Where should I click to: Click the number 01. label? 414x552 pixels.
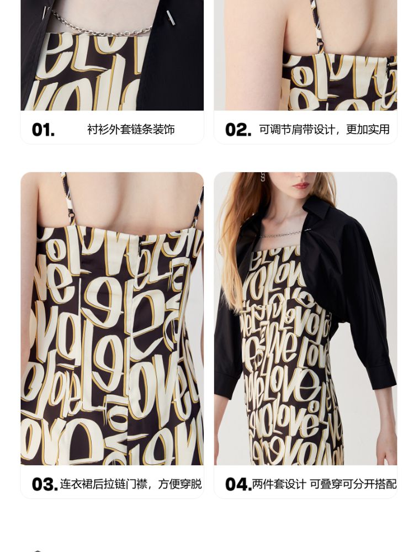(43, 130)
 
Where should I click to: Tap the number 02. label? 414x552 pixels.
(238, 130)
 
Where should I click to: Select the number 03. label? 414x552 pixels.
(44, 484)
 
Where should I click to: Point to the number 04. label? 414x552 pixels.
(238, 484)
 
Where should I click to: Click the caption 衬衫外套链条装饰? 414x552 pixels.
(131, 130)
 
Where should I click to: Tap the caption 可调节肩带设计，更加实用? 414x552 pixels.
(324, 130)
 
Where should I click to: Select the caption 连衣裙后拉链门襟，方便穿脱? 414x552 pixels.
(131, 484)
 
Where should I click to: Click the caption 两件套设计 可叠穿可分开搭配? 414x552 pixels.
(324, 484)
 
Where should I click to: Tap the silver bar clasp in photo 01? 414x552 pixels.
(171, 18)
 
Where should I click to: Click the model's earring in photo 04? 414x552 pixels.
(263, 177)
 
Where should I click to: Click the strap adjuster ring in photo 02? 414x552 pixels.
(320, 44)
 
